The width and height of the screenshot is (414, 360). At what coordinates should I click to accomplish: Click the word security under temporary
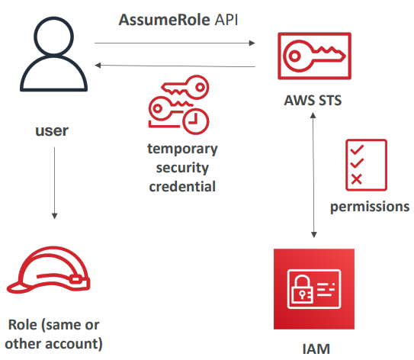click(183, 167)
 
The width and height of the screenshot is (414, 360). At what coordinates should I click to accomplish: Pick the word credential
click(183, 185)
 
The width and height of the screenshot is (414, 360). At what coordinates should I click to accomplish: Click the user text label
click(52, 130)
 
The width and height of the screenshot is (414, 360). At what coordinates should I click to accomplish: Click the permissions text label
click(369, 207)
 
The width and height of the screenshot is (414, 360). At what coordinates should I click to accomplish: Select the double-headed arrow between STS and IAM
click(315, 175)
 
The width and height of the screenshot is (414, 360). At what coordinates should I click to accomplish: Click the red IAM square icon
click(315, 289)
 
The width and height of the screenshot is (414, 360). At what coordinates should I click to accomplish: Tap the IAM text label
click(315, 351)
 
